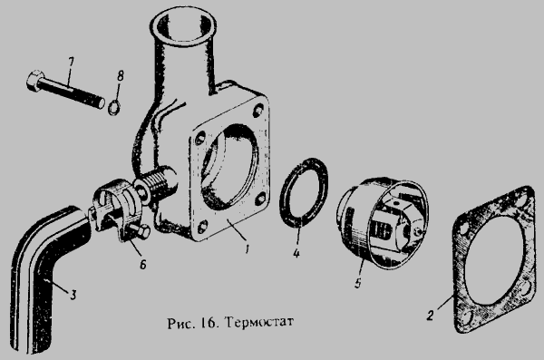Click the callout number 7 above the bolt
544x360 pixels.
point(71,64)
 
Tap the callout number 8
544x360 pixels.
point(121,76)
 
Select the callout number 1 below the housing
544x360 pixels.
point(247,248)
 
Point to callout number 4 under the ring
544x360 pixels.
point(296,253)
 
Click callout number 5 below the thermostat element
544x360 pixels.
point(358,283)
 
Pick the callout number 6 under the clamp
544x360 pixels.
point(142,265)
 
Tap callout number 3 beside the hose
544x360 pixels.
point(73,295)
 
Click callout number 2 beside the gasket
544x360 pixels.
point(430,316)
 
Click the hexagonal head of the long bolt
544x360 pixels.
point(35,82)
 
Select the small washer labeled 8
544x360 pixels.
point(114,108)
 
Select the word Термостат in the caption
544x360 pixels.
point(258,323)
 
